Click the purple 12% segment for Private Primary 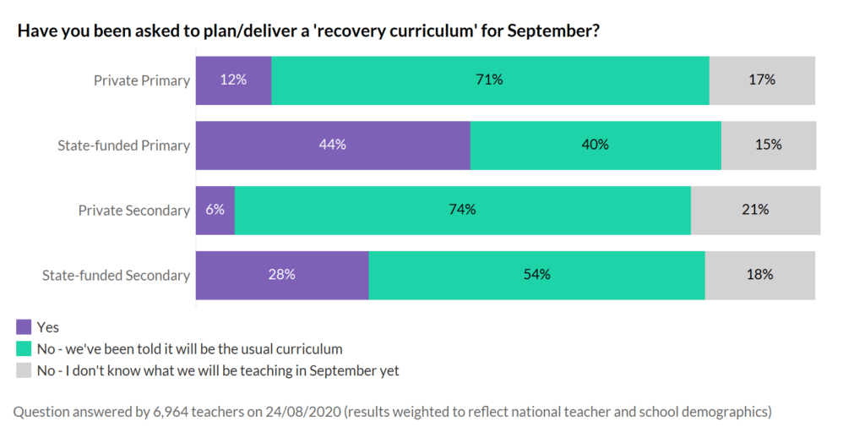click(233, 80)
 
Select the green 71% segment click(490, 80)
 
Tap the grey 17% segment click(762, 80)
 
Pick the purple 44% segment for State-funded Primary click(333, 145)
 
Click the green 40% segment click(596, 145)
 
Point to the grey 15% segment click(769, 145)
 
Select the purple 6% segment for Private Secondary click(215, 210)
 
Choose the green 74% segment click(463, 210)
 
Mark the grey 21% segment click(755, 210)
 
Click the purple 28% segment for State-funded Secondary click(282, 275)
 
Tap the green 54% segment click(537, 275)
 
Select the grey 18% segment click(760, 275)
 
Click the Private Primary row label click(141, 80)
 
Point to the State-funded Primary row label click(123, 145)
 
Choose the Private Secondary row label click(133, 211)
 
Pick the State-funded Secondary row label click(116, 276)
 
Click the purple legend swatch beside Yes click(24, 326)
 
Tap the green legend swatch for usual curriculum click(24, 348)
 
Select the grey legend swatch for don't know click(24, 370)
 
